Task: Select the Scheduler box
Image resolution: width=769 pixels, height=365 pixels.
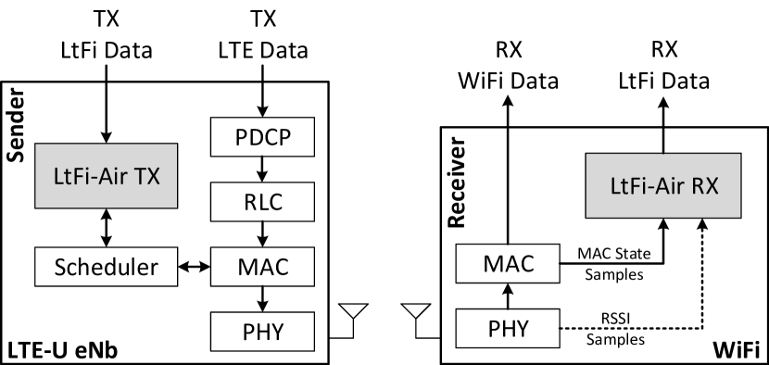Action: (105, 268)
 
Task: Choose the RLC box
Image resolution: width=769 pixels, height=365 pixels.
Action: (263, 200)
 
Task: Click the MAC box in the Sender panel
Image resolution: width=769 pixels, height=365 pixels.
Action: (263, 268)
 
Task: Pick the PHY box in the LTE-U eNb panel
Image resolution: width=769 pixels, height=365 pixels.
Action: (263, 329)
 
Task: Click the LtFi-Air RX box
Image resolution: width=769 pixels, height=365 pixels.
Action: (663, 186)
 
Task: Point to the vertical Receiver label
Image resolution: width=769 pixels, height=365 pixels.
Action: (456, 185)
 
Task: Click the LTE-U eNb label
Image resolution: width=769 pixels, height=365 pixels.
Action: (61, 351)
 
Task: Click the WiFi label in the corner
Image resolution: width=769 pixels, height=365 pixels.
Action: (736, 351)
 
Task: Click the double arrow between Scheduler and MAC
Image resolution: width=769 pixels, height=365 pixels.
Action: (195, 268)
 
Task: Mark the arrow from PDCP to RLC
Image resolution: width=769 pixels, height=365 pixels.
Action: (263, 169)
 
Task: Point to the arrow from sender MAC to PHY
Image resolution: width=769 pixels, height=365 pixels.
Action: (263, 298)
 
